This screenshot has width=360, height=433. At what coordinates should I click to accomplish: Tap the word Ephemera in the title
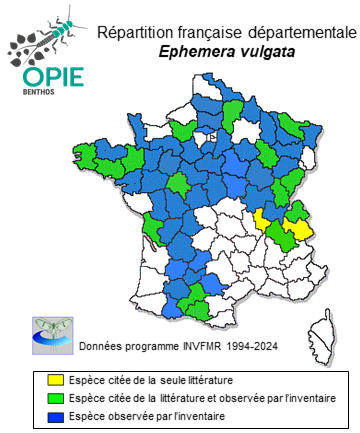196,51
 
